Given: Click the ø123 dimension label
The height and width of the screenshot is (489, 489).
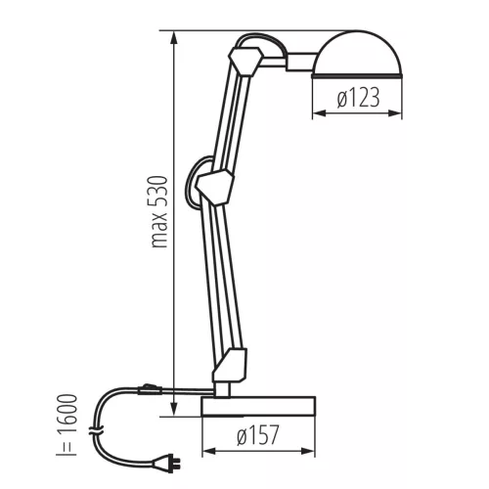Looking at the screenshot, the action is tap(358, 98).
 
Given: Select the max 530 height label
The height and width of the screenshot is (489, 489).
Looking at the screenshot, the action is tap(159, 212).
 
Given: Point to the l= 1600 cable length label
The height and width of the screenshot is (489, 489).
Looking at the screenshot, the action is tap(67, 424).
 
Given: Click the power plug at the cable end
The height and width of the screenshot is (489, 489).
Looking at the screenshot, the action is tap(165, 463).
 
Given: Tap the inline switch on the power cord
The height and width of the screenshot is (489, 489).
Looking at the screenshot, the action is tap(150, 389).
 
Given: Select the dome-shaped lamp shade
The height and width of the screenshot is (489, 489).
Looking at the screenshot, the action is tap(357, 55).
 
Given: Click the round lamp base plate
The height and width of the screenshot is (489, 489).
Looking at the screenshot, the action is tap(258, 406).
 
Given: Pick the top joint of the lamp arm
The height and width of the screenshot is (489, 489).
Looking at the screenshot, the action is tap(245, 62).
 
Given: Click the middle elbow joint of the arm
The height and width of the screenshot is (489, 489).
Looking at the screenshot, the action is tap(215, 188).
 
